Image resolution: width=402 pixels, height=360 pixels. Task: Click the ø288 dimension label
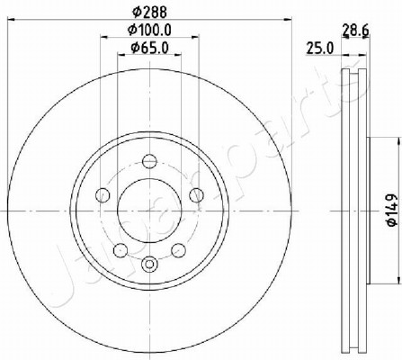pos(149,13)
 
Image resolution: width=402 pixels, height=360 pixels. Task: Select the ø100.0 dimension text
pos(149,30)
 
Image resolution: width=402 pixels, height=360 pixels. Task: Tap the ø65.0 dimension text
pos(149,48)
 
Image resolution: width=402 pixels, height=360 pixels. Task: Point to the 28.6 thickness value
pos(355,31)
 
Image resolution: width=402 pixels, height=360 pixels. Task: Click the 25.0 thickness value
pos(319,49)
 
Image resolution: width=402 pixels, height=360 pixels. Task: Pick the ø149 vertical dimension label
pos(392,210)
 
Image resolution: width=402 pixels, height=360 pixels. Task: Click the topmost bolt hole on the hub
pos(149,161)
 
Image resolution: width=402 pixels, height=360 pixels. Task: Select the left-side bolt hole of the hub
pos(103,195)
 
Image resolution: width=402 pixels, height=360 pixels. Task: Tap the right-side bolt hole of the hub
pos(196,195)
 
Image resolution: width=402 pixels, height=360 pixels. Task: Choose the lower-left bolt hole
pos(121,250)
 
